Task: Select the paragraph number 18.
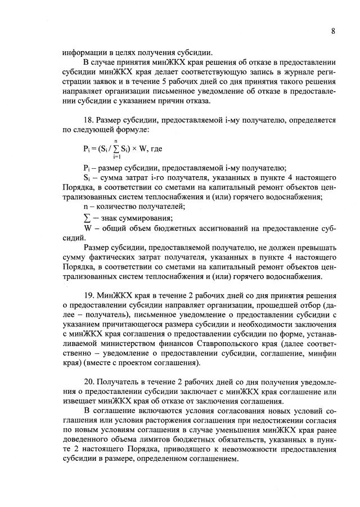pyautogui.click(x=88, y=120)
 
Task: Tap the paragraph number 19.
pyautogui.click(x=88, y=296)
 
